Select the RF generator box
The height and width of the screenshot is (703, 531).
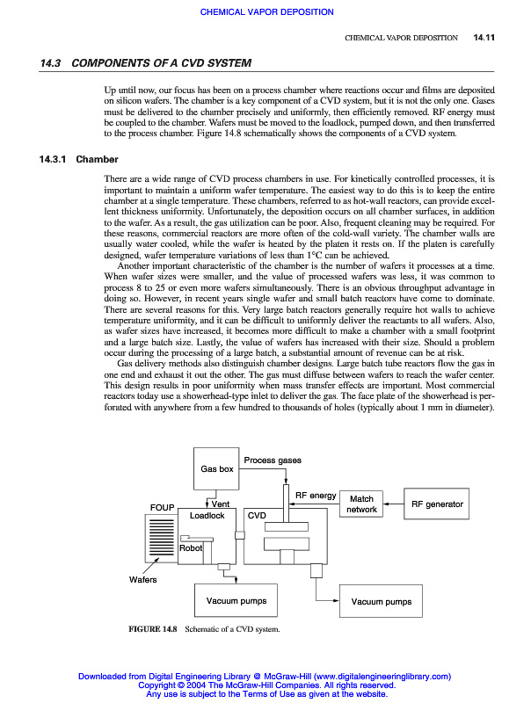pyautogui.click(x=437, y=504)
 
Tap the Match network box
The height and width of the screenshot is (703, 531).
pyautogui.click(x=361, y=504)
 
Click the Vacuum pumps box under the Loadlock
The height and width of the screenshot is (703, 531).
pyautogui.click(x=236, y=601)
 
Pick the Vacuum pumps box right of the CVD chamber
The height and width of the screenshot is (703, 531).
pyautogui.click(x=381, y=602)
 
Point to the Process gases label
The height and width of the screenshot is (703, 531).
pyautogui.click(x=273, y=460)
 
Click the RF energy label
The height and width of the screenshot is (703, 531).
pyautogui.click(x=316, y=496)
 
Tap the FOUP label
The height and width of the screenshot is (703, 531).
pyautogui.click(x=163, y=508)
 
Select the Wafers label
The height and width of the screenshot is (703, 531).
pyautogui.click(x=143, y=580)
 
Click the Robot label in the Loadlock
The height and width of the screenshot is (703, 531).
pyautogui.click(x=191, y=548)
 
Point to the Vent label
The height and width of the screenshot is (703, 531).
pyautogui.click(x=221, y=504)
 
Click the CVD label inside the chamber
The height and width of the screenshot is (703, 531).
pyautogui.click(x=258, y=515)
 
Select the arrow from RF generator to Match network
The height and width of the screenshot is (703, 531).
pyautogui.click(x=392, y=504)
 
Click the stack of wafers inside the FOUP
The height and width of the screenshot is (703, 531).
pyautogui.click(x=161, y=537)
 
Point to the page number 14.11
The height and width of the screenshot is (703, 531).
pyautogui.click(x=485, y=38)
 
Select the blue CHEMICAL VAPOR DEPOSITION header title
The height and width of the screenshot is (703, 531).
pyautogui.click(x=266, y=12)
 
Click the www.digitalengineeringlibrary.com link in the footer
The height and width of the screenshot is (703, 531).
pyautogui.click(x=382, y=677)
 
